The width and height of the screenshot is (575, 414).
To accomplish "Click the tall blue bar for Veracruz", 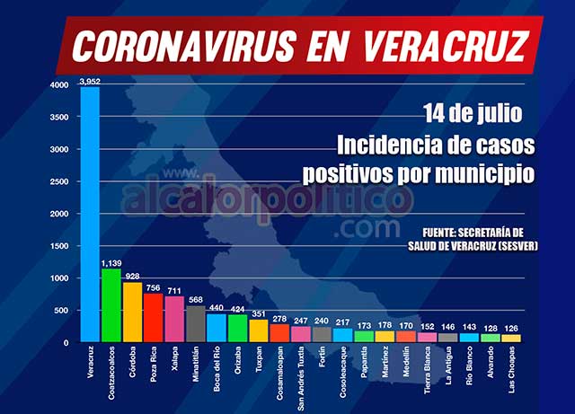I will pyautogui.click(x=90, y=216).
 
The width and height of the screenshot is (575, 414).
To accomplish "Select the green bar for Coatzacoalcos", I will pyautogui.click(x=111, y=305).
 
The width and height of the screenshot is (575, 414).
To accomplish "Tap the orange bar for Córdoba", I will pyautogui.click(x=132, y=313).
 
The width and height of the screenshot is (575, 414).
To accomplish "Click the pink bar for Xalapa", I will pyautogui.click(x=174, y=320).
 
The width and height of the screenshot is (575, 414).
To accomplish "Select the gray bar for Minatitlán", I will pyautogui.click(x=195, y=324).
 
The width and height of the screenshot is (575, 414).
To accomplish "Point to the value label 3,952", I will pyautogui.click(x=90, y=81).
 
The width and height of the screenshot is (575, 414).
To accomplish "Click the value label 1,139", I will pyautogui.click(x=111, y=262).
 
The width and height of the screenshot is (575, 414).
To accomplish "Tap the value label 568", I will pyautogui.click(x=195, y=300).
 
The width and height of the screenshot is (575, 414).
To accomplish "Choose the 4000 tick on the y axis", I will pyautogui.click(x=59, y=85).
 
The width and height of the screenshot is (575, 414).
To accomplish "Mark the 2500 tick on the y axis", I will pyautogui.click(x=59, y=182).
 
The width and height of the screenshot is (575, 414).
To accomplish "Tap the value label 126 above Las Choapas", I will pyautogui.click(x=512, y=329).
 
